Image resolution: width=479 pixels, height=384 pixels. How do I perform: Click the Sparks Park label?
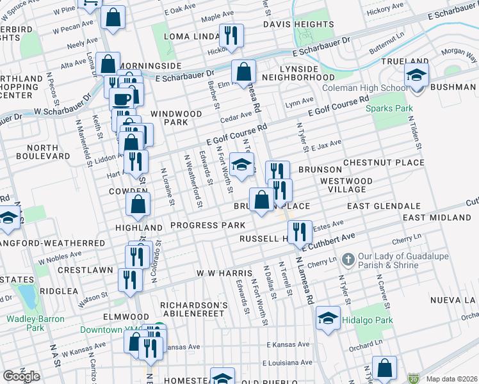[x=389, y=108]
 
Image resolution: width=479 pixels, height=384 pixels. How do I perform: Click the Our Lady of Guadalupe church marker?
[x=348, y=260]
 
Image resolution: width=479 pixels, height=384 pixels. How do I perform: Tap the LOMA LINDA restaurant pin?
[x=230, y=35]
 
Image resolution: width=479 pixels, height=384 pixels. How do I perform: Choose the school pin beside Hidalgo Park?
[x=328, y=318]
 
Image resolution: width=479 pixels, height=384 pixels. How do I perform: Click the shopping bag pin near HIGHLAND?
[x=138, y=205]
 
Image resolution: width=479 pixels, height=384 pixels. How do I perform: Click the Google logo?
[x=22, y=376]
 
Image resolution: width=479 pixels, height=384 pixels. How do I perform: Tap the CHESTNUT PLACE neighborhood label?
[x=384, y=163]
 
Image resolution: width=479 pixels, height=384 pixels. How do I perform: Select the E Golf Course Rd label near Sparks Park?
[x=339, y=106]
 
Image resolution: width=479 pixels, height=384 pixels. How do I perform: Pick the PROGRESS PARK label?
[x=207, y=226]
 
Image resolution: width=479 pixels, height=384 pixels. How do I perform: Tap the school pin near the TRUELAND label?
[x=416, y=76]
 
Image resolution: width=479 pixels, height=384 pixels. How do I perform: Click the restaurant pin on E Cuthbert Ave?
[x=300, y=232]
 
